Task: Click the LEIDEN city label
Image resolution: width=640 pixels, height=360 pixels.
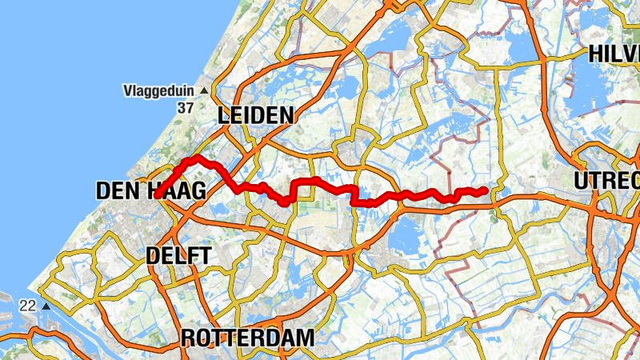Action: pyautogui.click(x=256, y=116)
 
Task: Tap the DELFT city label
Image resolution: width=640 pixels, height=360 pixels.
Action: pyautogui.click(x=179, y=256)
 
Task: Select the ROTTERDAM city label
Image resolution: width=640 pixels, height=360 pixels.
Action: pyautogui.click(x=247, y=338)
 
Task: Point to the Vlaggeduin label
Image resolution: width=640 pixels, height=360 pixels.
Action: pyautogui.click(x=160, y=90)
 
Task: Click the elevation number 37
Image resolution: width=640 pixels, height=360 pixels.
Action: pyautogui.click(x=186, y=107)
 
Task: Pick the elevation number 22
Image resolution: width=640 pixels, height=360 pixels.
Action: pyautogui.click(x=28, y=306)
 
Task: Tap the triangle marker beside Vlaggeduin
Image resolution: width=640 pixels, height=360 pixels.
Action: pyautogui.click(x=203, y=90)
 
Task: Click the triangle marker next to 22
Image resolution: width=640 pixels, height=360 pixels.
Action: pyautogui.click(x=46, y=306)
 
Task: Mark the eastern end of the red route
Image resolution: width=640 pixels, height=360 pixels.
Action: pyautogui.click(x=485, y=190)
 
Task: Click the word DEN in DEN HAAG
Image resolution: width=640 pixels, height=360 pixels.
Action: pyautogui.click(x=115, y=190)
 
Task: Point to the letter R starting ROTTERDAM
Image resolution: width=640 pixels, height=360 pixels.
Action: pyautogui.click(x=189, y=338)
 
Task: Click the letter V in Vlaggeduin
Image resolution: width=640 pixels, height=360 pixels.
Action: pyautogui.click(x=128, y=90)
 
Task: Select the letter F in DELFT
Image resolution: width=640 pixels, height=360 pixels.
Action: pyautogui.click(x=194, y=256)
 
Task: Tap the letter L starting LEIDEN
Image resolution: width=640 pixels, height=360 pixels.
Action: pyautogui.click(x=223, y=116)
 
